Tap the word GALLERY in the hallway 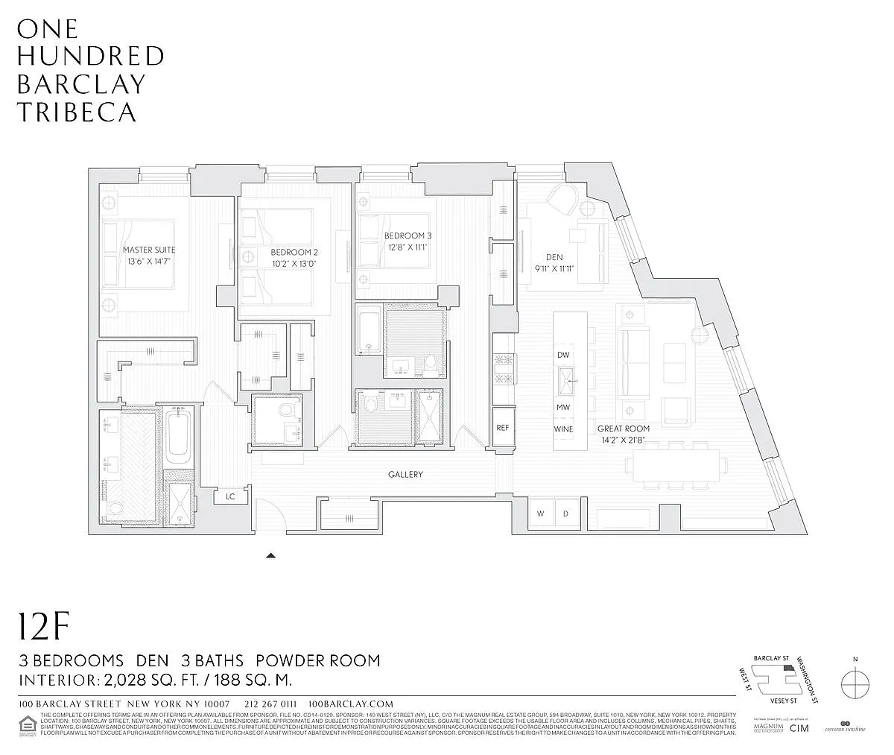tap(405, 475)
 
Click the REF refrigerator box tap(503, 429)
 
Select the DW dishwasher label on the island tap(564, 356)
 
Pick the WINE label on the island tap(564, 430)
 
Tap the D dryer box tap(565, 514)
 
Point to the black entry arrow tap(271, 555)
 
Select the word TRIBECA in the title tap(77, 113)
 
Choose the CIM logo tap(799, 727)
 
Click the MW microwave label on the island tap(564, 408)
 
